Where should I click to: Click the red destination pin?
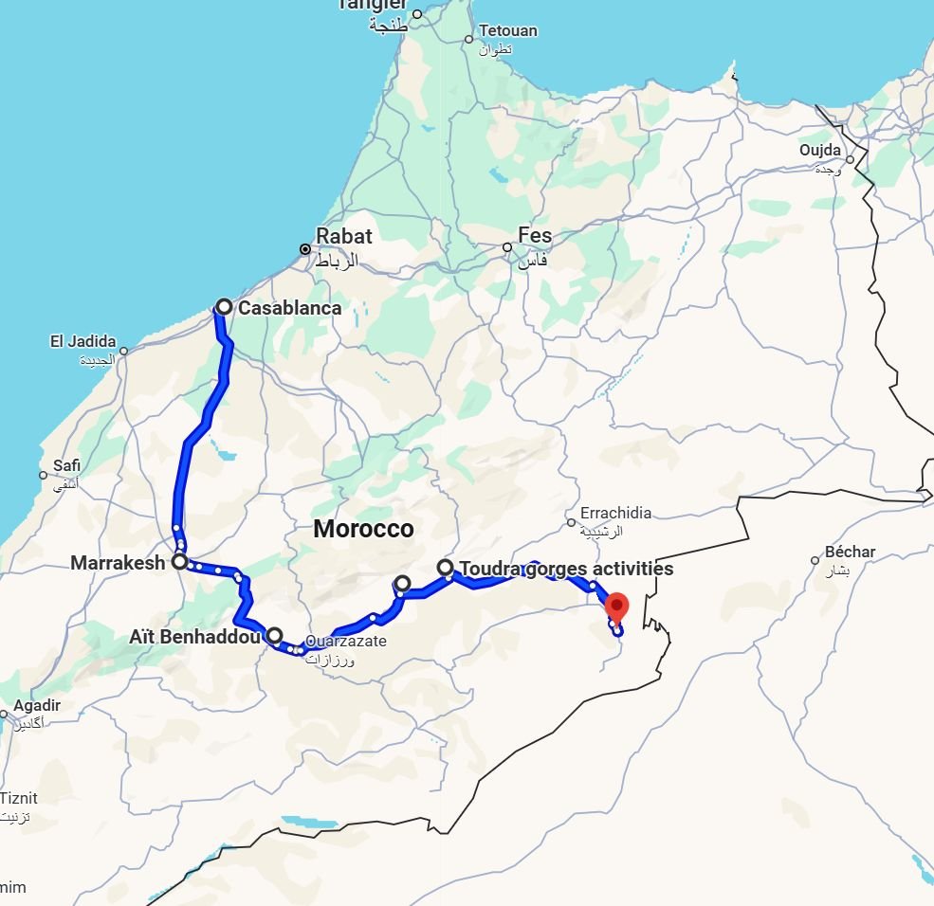coord(617,605)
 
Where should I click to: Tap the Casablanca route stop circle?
coord(224,307)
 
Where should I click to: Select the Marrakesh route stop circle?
coord(178,562)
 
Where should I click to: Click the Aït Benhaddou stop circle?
coord(274,636)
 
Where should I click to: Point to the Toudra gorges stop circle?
coord(445,568)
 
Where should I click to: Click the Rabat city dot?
coord(305,250)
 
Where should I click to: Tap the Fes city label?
coord(535,235)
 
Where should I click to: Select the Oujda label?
coord(820,150)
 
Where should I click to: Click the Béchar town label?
coord(851,552)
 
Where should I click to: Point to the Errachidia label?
coord(616,513)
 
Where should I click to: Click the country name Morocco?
coord(364,529)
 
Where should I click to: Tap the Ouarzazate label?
coord(345,642)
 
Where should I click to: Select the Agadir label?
coord(37,705)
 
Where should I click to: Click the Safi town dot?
coord(43,476)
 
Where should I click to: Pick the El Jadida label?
coord(83,341)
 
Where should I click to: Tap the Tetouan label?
coord(508,31)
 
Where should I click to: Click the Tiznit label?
coord(19,798)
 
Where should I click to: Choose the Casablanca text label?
coord(289,307)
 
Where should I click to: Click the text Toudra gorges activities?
coord(566,569)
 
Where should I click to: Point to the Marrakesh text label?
coord(118,563)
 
